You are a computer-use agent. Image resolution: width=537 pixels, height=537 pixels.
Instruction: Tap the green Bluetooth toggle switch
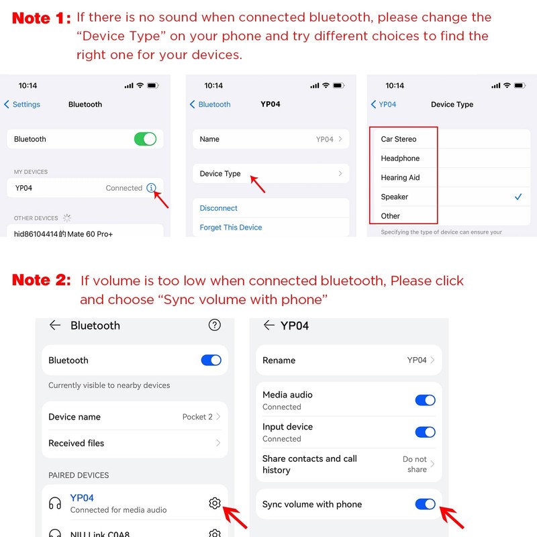point(145,139)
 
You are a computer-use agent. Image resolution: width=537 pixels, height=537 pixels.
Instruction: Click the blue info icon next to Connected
point(151,188)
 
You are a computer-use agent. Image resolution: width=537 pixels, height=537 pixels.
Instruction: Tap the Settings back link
point(22,105)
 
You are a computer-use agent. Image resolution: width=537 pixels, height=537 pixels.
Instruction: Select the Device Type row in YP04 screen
point(271,174)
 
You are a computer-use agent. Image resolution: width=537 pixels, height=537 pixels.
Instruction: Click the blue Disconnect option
point(218,208)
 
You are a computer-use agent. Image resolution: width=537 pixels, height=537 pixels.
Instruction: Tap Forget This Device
point(230,228)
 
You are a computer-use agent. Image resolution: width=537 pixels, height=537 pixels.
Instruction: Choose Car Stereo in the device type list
point(398,139)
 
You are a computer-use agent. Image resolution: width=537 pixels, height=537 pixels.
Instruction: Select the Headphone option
point(400,158)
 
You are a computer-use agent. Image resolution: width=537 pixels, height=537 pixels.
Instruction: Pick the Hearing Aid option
point(400,177)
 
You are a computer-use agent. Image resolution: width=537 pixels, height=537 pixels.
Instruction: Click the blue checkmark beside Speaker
point(518,197)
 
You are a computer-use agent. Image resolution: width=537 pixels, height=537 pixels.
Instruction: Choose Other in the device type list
point(390,216)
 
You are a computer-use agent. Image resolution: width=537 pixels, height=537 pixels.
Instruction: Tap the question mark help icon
point(214,325)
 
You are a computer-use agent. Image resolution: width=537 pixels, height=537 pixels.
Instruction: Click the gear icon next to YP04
point(215,503)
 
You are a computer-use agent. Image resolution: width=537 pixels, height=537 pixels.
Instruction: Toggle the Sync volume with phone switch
point(425,504)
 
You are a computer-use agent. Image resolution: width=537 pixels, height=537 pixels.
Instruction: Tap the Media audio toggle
point(425,400)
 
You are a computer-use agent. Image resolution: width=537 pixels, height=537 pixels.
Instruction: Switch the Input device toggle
point(425,432)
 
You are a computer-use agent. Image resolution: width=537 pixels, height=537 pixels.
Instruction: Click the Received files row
point(135,443)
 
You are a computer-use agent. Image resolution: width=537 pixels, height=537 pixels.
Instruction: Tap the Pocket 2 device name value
point(197,417)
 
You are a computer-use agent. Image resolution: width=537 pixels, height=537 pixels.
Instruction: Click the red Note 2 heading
point(42,280)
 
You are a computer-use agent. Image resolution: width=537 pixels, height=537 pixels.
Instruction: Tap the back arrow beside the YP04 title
point(269,325)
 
